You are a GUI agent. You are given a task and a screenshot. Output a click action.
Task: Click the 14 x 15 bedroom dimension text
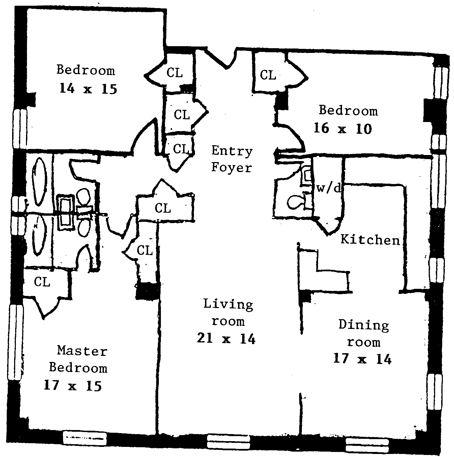coord(88,89)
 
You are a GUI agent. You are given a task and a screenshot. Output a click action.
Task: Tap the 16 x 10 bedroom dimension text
coord(342,128)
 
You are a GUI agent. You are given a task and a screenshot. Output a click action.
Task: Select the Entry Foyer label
coord(232,159)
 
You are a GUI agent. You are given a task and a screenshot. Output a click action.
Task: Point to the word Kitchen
coord(370,240)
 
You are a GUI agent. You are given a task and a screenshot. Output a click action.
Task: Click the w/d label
coord(329,188)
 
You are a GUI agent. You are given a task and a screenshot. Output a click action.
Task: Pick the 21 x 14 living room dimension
coord(226,338)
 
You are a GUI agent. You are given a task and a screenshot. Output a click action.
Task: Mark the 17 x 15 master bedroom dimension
coord(73,386)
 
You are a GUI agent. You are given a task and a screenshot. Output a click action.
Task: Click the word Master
coord(82,351)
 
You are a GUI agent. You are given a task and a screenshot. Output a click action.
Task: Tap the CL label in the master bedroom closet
coord(42,281)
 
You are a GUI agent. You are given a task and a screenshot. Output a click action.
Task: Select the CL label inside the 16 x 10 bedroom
coord(268,75)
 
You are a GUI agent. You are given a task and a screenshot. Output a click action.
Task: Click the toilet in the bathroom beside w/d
coord(294,203)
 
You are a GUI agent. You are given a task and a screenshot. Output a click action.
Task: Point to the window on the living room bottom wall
coord(228,440)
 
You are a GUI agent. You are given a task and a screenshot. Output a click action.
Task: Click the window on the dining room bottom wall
coord(367,445)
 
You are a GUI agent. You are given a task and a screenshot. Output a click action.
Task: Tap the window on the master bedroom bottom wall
coord(85,438)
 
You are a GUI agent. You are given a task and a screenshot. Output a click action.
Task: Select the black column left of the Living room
coord(147,291)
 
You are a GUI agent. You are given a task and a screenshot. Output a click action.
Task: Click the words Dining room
coord(364,333)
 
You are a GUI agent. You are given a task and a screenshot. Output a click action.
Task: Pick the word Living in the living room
coord(228,304)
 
